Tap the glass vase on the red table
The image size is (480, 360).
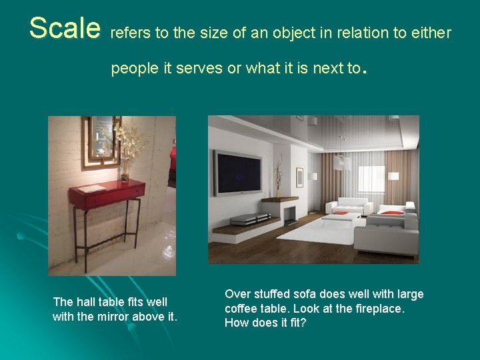tap(125, 177)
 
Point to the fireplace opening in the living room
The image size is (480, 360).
tap(289, 215)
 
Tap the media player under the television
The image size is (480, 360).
tap(249, 219)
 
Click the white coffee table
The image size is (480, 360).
tap(341, 219)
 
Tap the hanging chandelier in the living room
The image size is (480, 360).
tap(343, 160)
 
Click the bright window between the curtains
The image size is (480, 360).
tap(371, 181)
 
